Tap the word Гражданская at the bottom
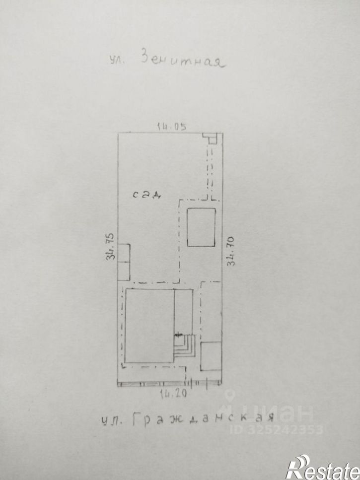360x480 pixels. [204, 420]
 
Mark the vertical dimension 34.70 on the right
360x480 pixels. [230, 251]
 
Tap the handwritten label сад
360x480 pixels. [147, 195]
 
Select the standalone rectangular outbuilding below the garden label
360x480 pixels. [201, 227]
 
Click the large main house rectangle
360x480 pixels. [149, 326]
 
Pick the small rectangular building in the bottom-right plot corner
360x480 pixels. [211, 356]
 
